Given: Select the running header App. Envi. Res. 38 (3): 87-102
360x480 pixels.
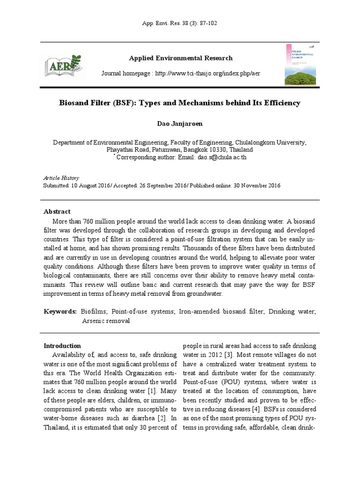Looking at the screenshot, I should [180, 23].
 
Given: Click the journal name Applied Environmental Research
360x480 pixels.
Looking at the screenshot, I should [180, 58].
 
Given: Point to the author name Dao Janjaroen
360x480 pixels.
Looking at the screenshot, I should [180, 123].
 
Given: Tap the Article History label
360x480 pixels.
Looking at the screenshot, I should [61, 178].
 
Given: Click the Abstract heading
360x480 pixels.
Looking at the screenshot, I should [57, 211].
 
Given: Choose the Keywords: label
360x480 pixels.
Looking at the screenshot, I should [60, 311].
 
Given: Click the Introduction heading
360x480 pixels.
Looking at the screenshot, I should [62, 346].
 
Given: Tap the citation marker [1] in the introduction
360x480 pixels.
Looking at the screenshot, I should [151, 390].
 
